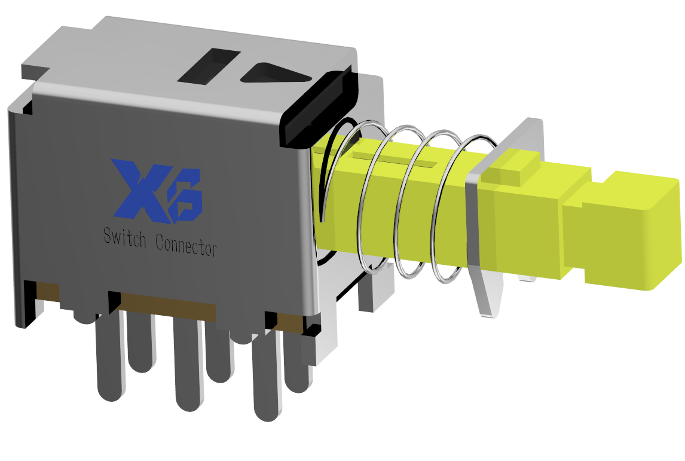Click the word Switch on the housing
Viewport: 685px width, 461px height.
tap(125, 238)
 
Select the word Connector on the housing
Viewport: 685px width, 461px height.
tap(186, 246)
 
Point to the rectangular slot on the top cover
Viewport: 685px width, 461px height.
tap(209, 66)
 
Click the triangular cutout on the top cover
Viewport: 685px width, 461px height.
tap(275, 74)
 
